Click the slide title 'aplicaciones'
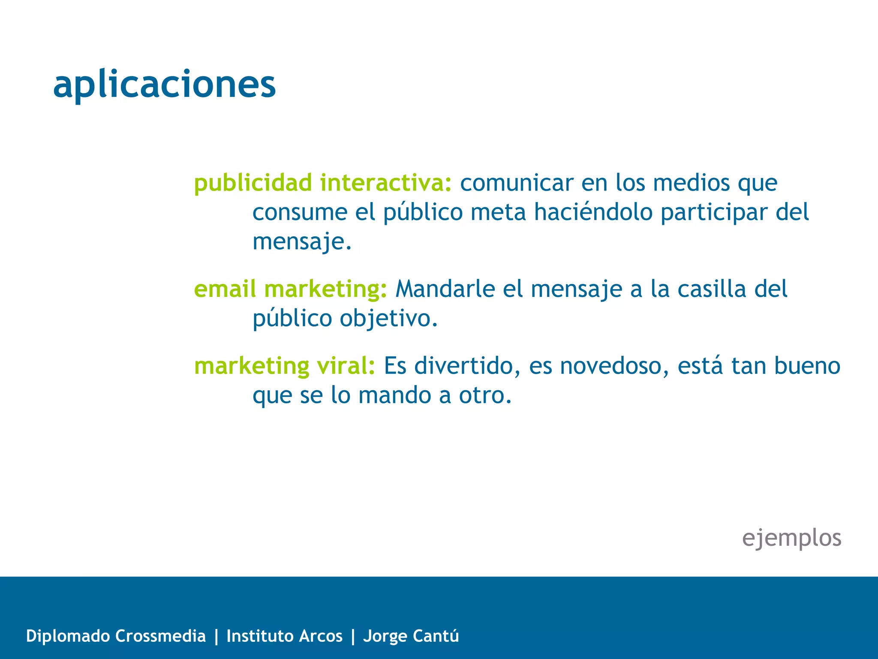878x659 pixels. (164, 84)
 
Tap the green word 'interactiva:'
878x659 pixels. (386, 183)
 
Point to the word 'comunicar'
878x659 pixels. (517, 183)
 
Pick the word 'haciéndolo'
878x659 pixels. (593, 212)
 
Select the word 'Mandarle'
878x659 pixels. (445, 289)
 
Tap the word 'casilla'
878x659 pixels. (712, 289)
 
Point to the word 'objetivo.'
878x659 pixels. (389, 319)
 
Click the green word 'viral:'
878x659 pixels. (346, 366)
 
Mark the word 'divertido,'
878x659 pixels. (467, 366)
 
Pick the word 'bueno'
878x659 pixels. (807, 366)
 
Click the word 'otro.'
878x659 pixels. (485, 395)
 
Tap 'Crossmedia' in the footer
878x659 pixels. (160, 636)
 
